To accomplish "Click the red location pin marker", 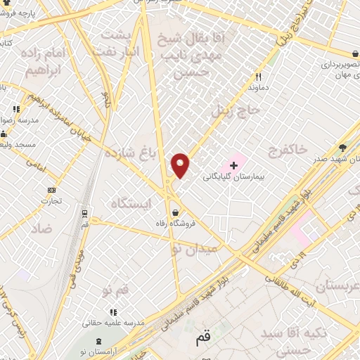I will coord(181,165).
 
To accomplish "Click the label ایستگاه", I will coord(131,203).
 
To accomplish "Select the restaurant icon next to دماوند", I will coord(258,77).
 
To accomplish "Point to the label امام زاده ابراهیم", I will coord(48,63).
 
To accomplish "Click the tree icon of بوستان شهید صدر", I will coord(342,147).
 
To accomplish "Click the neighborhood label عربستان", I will coord(337,287).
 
